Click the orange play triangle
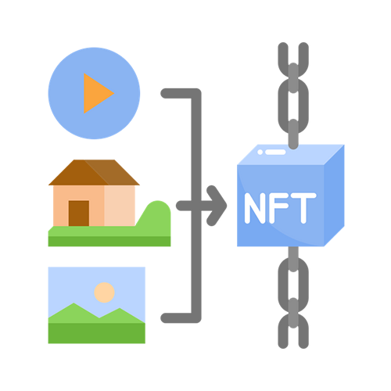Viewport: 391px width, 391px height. tap(96, 93)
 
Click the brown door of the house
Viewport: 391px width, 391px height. tap(79, 213)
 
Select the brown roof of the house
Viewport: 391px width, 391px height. tap(94, 172)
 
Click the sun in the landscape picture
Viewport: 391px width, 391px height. tap(104, 292)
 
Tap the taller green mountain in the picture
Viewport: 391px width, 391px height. tap(74, 313)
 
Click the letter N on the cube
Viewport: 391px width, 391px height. tap(255, 208)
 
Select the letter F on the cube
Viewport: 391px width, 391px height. tap(278, 208)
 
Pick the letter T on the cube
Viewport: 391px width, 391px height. tap(303, 208)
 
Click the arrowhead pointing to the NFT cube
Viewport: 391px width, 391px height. tap(217, 206)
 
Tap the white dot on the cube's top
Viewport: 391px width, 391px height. tap(260, 152)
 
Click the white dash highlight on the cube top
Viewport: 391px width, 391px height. tap(275, 152)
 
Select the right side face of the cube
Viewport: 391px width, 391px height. tap(334, 195)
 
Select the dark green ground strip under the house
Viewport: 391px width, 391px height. tap(109, 242)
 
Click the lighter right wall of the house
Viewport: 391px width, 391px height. tap(120, 206)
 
